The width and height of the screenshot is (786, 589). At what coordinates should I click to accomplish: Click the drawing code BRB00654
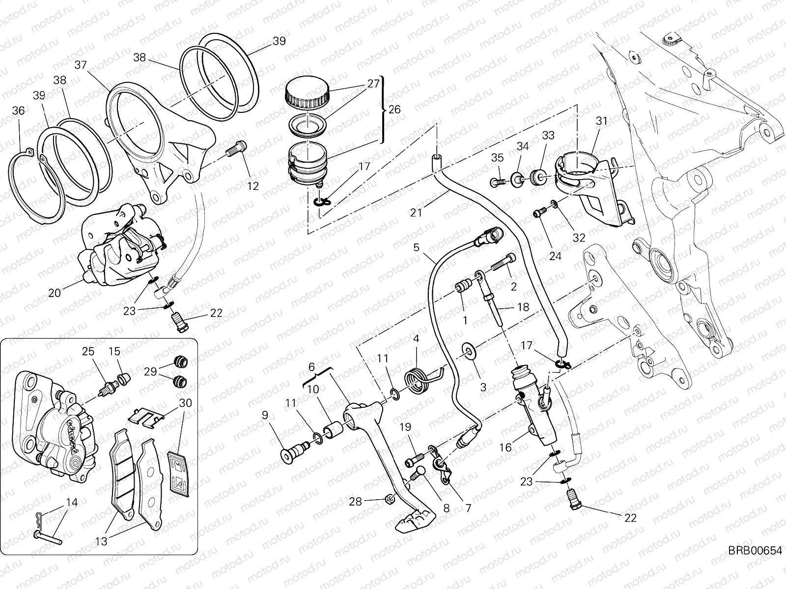[x=755, y=550]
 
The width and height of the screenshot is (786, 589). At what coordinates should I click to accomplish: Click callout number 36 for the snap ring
[x=18, y=111]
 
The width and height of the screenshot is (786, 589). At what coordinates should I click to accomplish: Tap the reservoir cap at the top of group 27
[x=307, y=92]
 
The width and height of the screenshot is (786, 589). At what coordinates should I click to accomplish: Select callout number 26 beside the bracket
[x=394, y=109]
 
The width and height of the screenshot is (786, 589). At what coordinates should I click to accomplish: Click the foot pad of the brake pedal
[x=416, y=521]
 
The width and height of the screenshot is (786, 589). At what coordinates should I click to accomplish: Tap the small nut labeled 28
[x=387, y=500]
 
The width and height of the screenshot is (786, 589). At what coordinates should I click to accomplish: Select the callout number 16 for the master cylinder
[x=505, y=447]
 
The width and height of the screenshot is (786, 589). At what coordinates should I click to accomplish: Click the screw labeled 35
[x=496, y=183]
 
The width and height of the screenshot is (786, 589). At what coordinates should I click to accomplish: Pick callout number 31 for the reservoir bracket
[x=602, y=121]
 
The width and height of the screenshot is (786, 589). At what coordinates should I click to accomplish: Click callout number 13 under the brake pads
[x=101, y=541]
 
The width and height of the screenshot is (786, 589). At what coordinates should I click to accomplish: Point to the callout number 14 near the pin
[x=72, y=502]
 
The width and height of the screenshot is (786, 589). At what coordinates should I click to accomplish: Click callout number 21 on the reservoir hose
[x=416, y=213]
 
